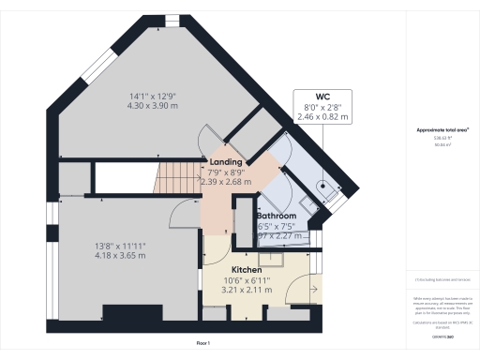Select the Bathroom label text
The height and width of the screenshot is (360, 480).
277,217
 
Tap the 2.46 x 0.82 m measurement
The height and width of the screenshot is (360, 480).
322,118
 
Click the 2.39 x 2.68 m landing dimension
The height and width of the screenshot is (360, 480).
226,182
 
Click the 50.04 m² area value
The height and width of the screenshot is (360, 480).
442,145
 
